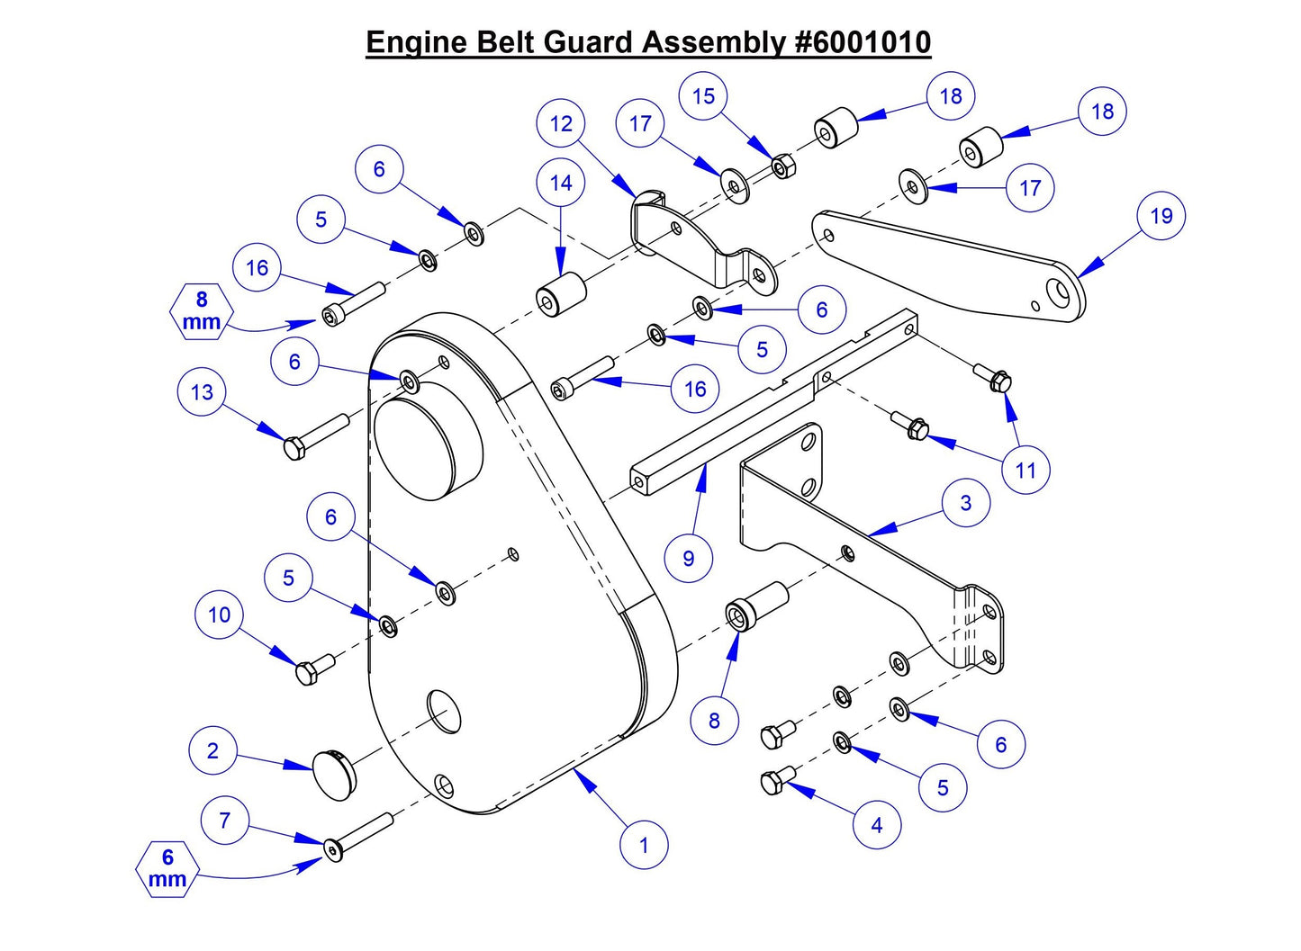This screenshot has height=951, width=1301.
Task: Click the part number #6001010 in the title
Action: (x=863, y=41)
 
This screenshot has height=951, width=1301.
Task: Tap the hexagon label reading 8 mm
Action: (x=201, y=311)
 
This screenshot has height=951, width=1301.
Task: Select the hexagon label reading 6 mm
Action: (x=167, y=869)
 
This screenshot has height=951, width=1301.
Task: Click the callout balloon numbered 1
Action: (x=644, y=845)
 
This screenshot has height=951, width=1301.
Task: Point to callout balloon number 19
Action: (x=1161, y=216)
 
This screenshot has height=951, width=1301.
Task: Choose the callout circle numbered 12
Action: (x=561, y=124)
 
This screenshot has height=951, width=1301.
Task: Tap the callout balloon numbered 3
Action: (x=965, y=503)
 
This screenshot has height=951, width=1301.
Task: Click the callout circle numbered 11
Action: (x=1025, y=470)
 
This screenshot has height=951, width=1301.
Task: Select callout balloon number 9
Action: (x=689, y=558)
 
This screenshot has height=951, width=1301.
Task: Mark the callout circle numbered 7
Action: (x=224, y=820)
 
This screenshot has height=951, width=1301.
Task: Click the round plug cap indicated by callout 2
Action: (x=334, y=772)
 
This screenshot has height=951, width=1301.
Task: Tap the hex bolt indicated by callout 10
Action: (x=314, y=669)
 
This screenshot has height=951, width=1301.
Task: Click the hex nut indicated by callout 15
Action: (x=783, y=166)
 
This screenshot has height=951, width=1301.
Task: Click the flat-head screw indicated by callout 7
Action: (x=359, y=836)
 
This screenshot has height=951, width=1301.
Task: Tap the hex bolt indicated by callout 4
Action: (x=777, y=780)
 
